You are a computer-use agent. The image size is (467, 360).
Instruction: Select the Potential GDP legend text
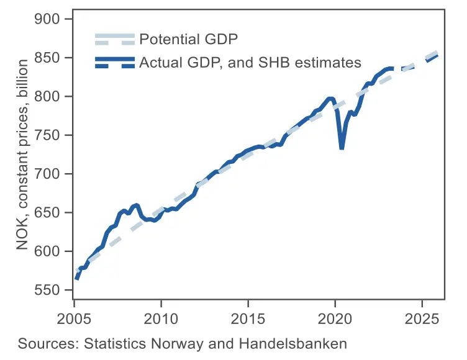[x=189, y=40]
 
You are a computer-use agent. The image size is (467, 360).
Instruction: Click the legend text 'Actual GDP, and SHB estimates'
[x=250, y=63]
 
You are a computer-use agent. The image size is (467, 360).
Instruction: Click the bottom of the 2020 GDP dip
[x=342, y=148]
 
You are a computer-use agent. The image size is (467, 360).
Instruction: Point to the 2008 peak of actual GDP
[x=136, y=205]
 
